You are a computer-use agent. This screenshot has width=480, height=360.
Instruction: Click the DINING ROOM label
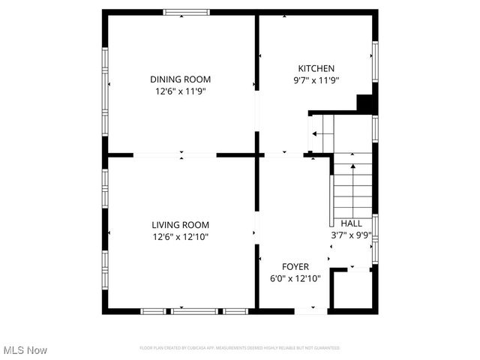pos(180,79)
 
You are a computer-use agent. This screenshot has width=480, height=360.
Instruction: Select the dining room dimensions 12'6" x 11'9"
pos(180,91)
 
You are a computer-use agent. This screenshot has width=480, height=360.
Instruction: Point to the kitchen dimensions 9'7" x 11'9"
pos(316,80)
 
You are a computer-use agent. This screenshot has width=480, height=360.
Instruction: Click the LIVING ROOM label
pos(180,224)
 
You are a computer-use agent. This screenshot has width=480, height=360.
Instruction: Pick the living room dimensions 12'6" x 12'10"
pos(180,236)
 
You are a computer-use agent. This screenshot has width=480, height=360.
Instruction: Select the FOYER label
pos(295,266)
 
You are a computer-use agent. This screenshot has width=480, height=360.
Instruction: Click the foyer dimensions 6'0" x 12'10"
pos(295,278)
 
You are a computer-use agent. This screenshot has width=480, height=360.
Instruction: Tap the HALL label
pos(351,223)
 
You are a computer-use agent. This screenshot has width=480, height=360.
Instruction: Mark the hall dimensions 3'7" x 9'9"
pos(351,235)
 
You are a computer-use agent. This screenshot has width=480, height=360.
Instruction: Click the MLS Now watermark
pos(25,350)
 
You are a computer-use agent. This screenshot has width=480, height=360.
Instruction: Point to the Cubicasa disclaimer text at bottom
pos(239,348)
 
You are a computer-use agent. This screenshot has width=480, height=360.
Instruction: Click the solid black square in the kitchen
pos(364,104)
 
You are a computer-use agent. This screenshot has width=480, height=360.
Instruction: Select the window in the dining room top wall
pos(187,12)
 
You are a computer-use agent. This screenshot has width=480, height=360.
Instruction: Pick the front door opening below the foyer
pos(310,310)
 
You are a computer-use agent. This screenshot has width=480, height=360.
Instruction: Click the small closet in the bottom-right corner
pos(352,290)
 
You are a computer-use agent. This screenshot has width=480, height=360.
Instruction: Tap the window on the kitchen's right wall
pos(375,61)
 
